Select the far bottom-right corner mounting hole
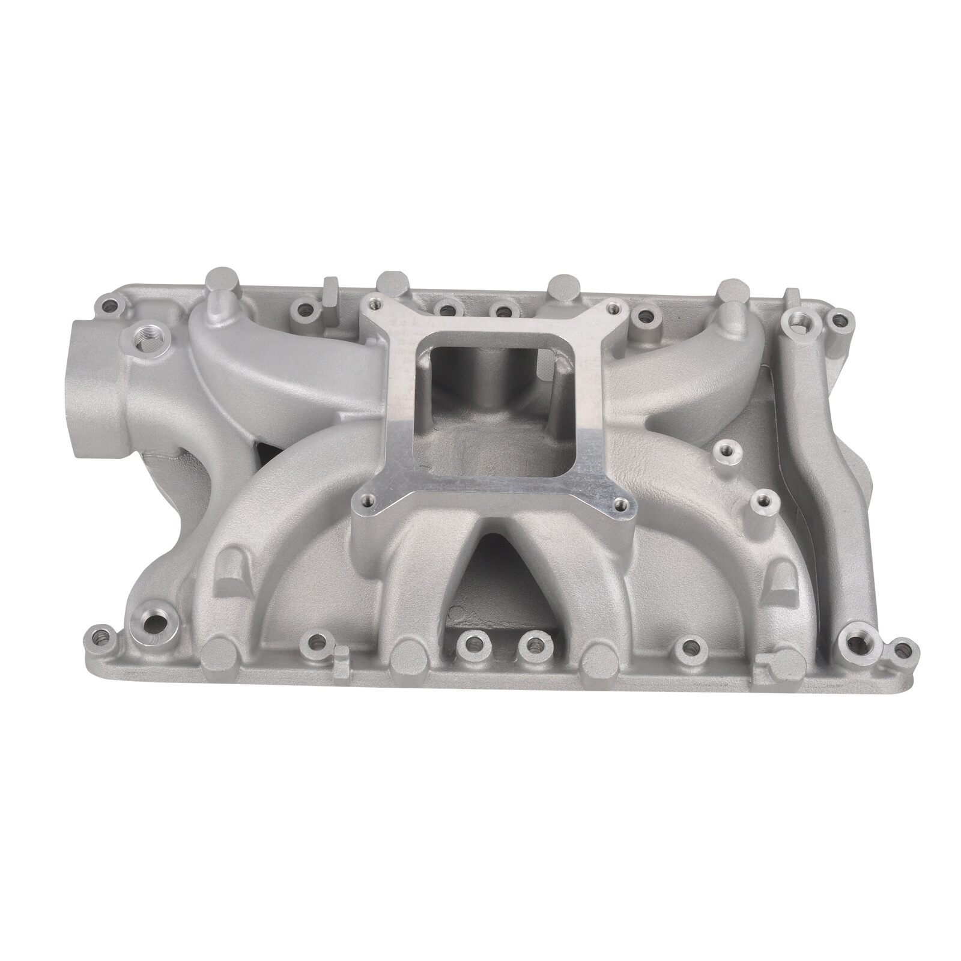[899, 650]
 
